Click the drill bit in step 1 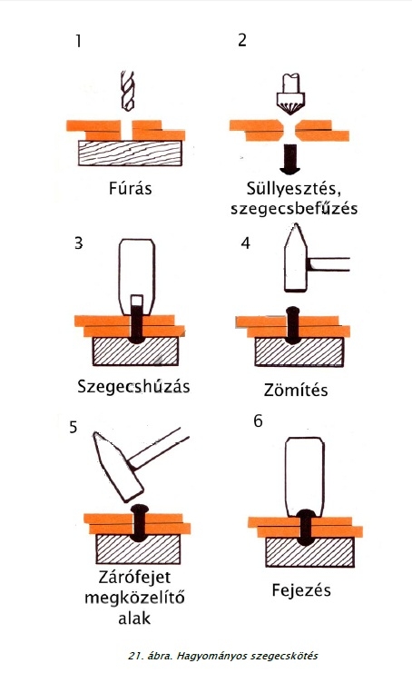(x=127, y=91)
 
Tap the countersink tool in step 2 (x=290, y=94)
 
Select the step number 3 (x=79, y=243)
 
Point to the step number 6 (x=258, y=421)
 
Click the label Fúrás (x=130, y=189)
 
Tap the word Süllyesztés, (x=293, y=189)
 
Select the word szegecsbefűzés (x=294, y=209)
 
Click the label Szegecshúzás (x=133, y=386)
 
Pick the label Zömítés (x=296, y=390)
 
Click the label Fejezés (x=301, y=590)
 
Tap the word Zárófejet (x=134, y=577)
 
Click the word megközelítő (x=134, y=598)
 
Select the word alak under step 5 (x=134, y=618)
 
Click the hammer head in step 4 (x=296, y=258)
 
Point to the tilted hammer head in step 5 (x=118, y=465)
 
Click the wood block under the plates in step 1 (x=130, y=153)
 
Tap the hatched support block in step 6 (x=309, y=552)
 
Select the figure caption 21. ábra (x=150, y=656)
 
